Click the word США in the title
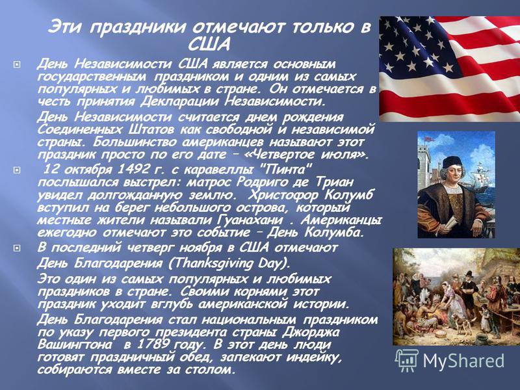209,44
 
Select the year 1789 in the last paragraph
153,344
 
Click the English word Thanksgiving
209,263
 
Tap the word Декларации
180,101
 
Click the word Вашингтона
75,344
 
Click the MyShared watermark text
463,361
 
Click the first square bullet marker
17,64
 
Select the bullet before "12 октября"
17,170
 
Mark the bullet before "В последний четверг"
17,248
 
